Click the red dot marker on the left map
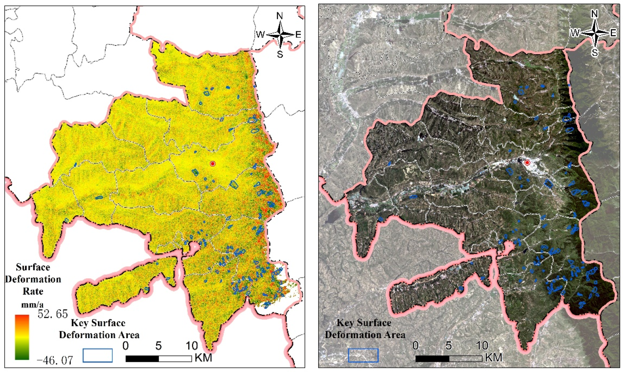click(213, 164)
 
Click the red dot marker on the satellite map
click(527, 163)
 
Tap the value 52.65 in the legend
click(53, 314)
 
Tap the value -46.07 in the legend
click(55, 361)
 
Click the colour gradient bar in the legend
click(22, 337)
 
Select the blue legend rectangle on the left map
click(97, 355)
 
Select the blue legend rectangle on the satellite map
click(363, 355)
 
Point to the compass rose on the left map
click(280, 35)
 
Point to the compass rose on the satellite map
click(595, 33)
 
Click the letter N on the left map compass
click(280, 16)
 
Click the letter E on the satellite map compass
click(613, 33)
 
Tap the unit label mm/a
click(33, 305)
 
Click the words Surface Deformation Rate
click(33, 279)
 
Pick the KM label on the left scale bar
click(203, 358)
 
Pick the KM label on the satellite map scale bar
click(493, 358)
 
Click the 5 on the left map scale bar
click(159, 346)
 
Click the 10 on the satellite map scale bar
click(482, 346)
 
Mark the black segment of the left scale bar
click(142, 358)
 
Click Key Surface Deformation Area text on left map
click(99, 329)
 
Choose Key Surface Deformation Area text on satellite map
click(364, 329)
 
